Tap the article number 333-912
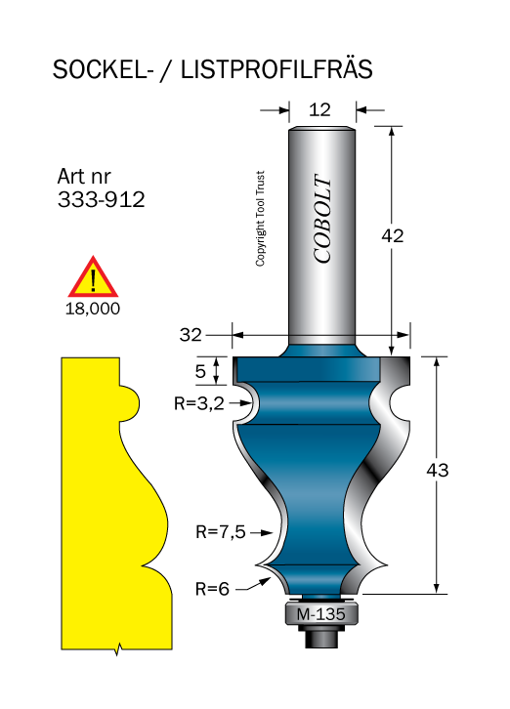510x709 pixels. pyautogui.click(x=101, y=199)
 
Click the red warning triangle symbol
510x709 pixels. pyautogui.click(x=93, y=276)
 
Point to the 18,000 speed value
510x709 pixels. pyautogui.click(x=93, y=309)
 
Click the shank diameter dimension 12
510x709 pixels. pyautogui.click(x=319, y=110)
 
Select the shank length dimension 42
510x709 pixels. pyautogui.click(x=393, y=235)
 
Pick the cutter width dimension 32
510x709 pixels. pyautogui.click(x=191, y=335)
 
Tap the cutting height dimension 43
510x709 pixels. pyautogui.click(x=437, y=471)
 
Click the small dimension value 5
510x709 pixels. pyautogui.click(x=200, y=372)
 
